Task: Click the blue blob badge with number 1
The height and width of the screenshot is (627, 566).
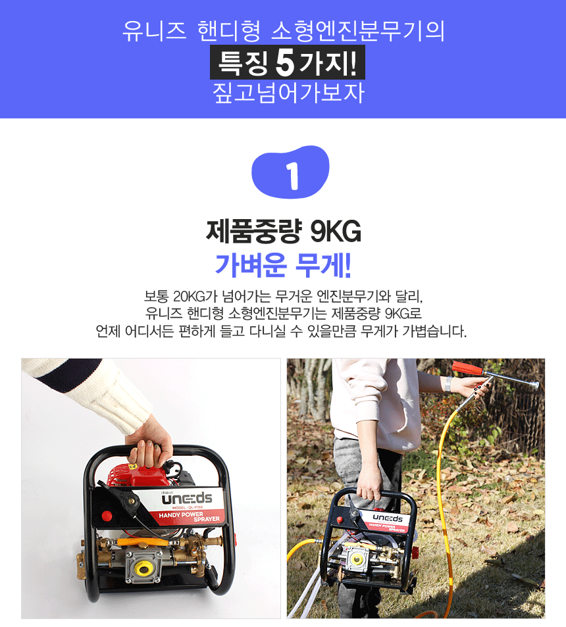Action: pos(290,172)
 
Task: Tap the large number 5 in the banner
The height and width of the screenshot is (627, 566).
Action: pos(285,63)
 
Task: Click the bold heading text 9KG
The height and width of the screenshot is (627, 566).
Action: pos(335,232)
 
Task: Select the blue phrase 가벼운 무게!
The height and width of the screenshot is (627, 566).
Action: pos(283,265)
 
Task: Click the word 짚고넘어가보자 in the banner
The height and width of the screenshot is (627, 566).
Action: pos(288,93)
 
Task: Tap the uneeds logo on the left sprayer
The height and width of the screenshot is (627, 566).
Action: pos(187,499)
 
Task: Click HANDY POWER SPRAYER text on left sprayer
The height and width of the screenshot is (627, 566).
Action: pos(190,516)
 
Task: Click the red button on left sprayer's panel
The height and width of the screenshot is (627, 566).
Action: pos(107,516)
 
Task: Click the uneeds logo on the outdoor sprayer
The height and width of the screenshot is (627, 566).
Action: pos(388,518)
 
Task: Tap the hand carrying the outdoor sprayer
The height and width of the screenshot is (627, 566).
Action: pos(369,483)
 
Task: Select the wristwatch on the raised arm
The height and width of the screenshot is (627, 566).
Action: pos(448,384)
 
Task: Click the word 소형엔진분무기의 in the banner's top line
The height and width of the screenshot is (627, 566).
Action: pos(357,30)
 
